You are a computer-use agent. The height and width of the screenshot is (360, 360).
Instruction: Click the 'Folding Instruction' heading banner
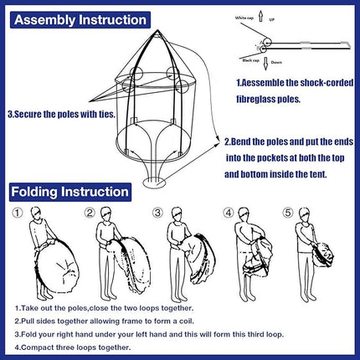point(70,192)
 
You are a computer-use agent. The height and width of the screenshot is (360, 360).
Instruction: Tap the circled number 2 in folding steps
point(90,212)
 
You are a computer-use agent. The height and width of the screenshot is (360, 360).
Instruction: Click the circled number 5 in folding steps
point(289,212)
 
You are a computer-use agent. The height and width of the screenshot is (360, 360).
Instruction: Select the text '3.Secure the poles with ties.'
point(59,113)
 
